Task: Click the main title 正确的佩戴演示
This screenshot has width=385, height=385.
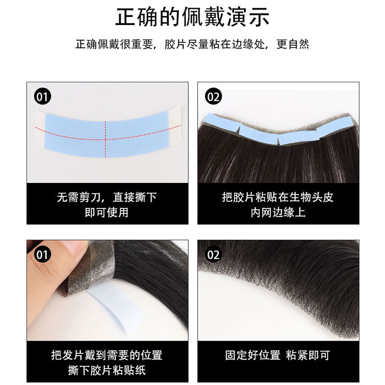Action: (x=192, y=17)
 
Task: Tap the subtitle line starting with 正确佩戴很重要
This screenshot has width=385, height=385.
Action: (x=192, y=45)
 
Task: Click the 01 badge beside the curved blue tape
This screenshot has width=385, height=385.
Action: (x=43, y=97)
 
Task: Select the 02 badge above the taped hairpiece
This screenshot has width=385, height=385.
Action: (x=213, y=97)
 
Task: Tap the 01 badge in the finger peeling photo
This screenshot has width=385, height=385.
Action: (x=43, y=254)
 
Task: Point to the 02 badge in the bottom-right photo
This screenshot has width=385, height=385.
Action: (x=213, y=254)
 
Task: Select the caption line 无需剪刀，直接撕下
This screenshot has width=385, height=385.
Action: (x=107, y=197)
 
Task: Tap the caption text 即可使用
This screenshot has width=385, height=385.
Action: (x=107, y=212)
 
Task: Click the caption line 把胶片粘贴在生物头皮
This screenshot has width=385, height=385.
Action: (x=278, y=197)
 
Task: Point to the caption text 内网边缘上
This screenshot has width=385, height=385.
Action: (x=278, y=212)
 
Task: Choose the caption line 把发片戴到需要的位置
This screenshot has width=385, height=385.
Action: (x=107, y=355)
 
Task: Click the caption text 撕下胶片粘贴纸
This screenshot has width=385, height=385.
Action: (x=107, y=370)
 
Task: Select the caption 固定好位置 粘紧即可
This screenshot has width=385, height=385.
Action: (x=278, y=356)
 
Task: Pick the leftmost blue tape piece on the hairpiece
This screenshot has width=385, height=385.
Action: (x=219, y=122)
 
